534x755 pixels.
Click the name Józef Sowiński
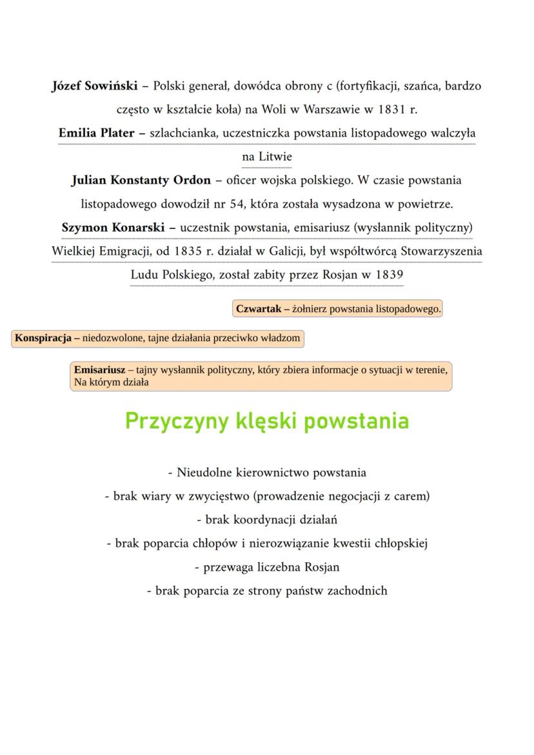94,86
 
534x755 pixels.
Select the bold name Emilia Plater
96,133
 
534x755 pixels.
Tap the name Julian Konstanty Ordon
141,180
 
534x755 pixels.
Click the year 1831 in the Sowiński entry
387,110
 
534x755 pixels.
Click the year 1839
389,275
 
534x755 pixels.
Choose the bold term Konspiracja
43,338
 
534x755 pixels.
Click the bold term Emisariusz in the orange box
99,370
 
